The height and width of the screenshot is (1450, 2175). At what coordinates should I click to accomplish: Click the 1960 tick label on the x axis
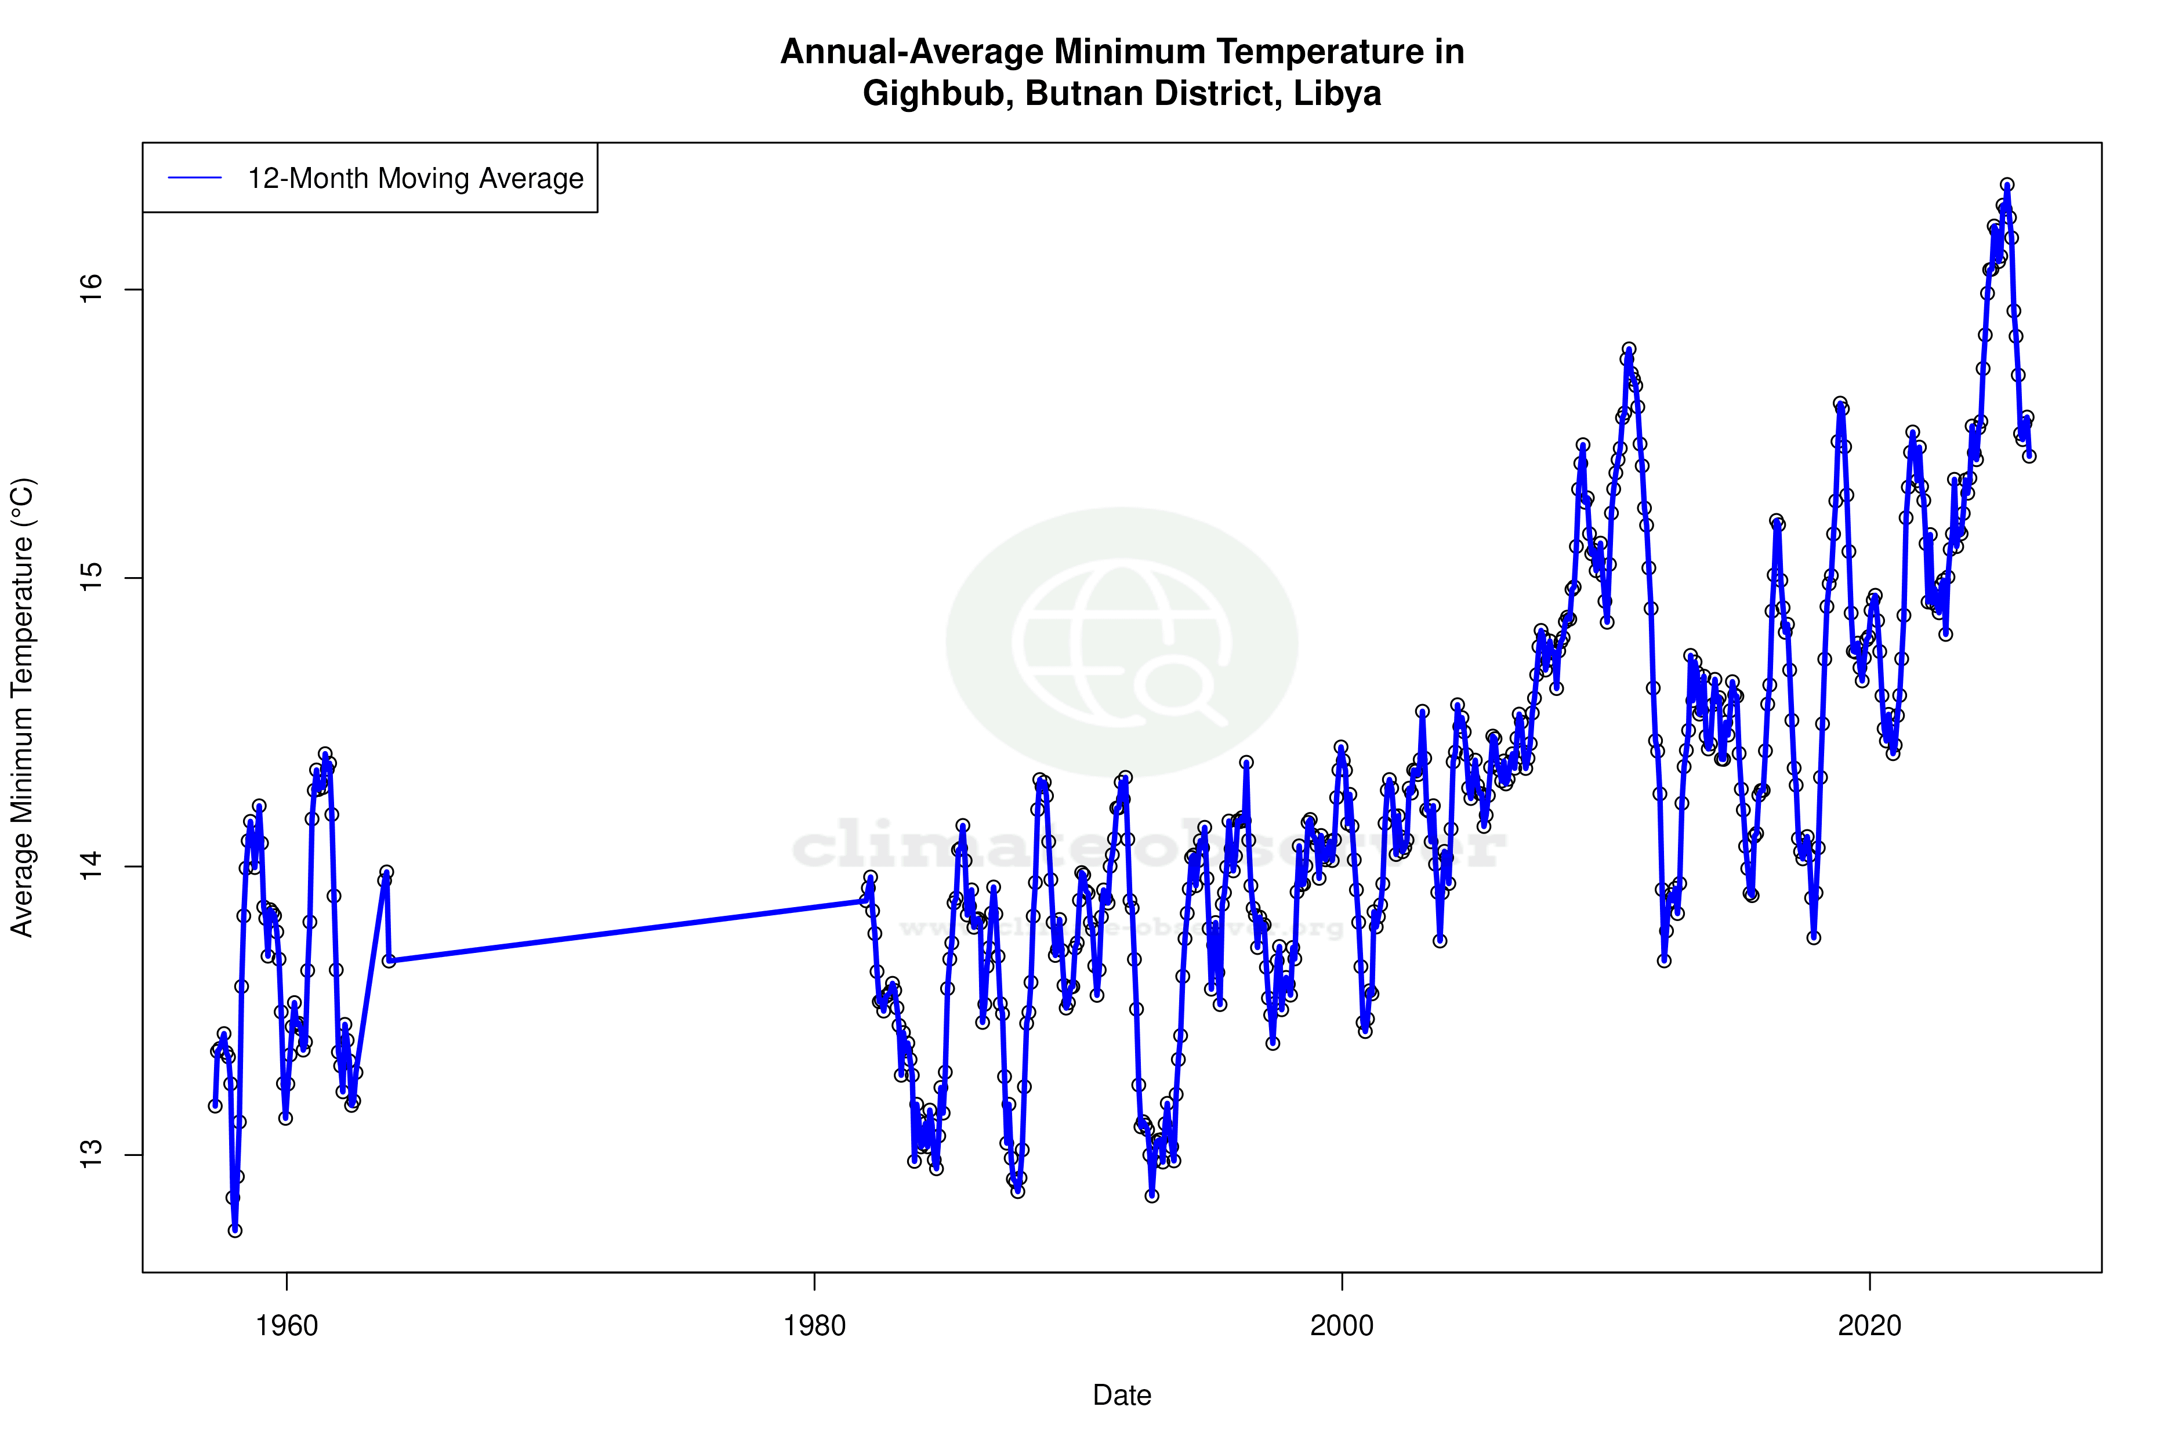tap(287, 1326)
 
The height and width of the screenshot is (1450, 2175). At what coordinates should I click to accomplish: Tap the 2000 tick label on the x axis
tap(1342, 1326)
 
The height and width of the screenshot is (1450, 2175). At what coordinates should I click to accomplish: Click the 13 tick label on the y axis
tap(90, 1155)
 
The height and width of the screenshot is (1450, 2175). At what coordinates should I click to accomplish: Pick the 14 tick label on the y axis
tap(90, 867)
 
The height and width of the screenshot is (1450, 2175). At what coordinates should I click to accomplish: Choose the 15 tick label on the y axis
tap(90, 578)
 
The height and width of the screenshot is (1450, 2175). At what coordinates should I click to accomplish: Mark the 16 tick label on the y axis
tap(90, 289)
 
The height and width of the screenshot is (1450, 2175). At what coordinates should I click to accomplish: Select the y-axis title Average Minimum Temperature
tap(22, 708)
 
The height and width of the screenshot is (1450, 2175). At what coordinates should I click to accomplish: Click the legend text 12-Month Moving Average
tap(415, 179)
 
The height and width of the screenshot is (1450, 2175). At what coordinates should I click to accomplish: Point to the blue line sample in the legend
tap(195, 179)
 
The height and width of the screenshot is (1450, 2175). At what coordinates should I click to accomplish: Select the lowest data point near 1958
tap(235, 1230)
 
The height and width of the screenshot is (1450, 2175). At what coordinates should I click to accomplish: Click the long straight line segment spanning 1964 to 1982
tap(626, 930)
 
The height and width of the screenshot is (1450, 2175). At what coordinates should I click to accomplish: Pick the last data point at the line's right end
tap(2029, 456)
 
